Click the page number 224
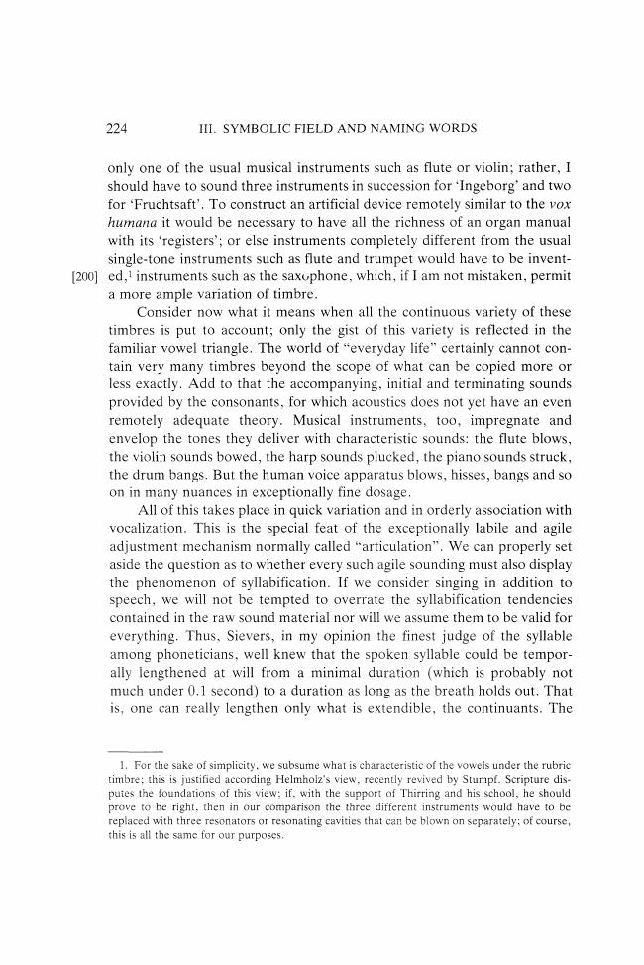coord(119,128)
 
